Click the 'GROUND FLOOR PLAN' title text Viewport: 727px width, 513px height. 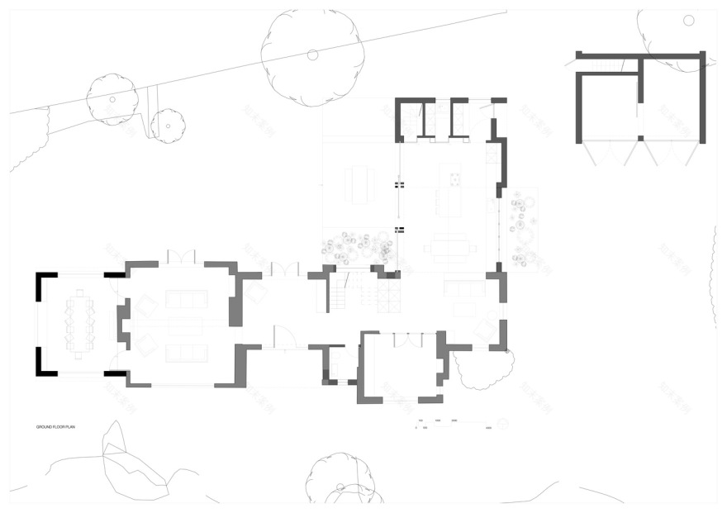coord(55,427)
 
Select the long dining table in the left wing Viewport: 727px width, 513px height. coord(80,322)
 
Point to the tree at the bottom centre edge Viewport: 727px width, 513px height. coord(344,479)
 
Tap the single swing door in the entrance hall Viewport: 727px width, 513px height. coord(285,337)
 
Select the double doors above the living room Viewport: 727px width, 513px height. coord(180,256)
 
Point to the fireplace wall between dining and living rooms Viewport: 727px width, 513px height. coord(124,323)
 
